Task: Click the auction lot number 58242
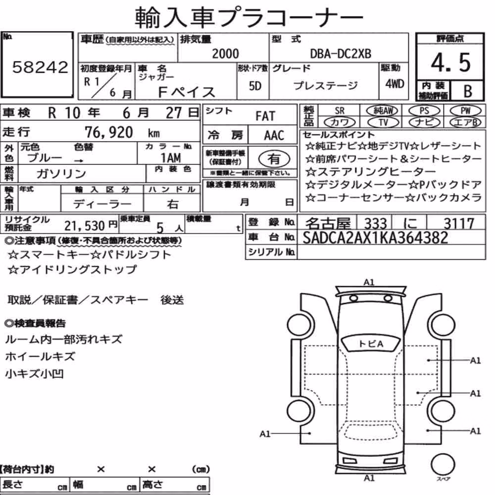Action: pos(40,67)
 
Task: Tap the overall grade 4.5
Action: pos(450,62)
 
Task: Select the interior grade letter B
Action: pos(468,91)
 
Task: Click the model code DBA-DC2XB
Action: pos(341,53)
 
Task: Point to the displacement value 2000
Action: pos(225,53)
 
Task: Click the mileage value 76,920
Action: pos(108,132)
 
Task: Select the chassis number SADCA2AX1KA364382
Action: pos(375,238)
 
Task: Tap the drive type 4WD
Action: pos(395,84)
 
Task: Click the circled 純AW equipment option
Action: pos(382,110)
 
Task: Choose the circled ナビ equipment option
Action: pos(424,122)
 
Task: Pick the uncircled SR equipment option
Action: pos(340,110)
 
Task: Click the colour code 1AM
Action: pos(171,157)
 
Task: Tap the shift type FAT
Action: pos(265,116)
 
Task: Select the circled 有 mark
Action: pos(274,158)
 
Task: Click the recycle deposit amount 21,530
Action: pos(84,226)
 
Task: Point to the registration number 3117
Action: pos(459,224)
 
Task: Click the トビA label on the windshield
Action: pos(371,344)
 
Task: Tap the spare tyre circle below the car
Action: pos(443,464)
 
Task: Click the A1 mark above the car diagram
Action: pos(369,282)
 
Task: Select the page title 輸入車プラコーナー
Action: pos(248,17)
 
